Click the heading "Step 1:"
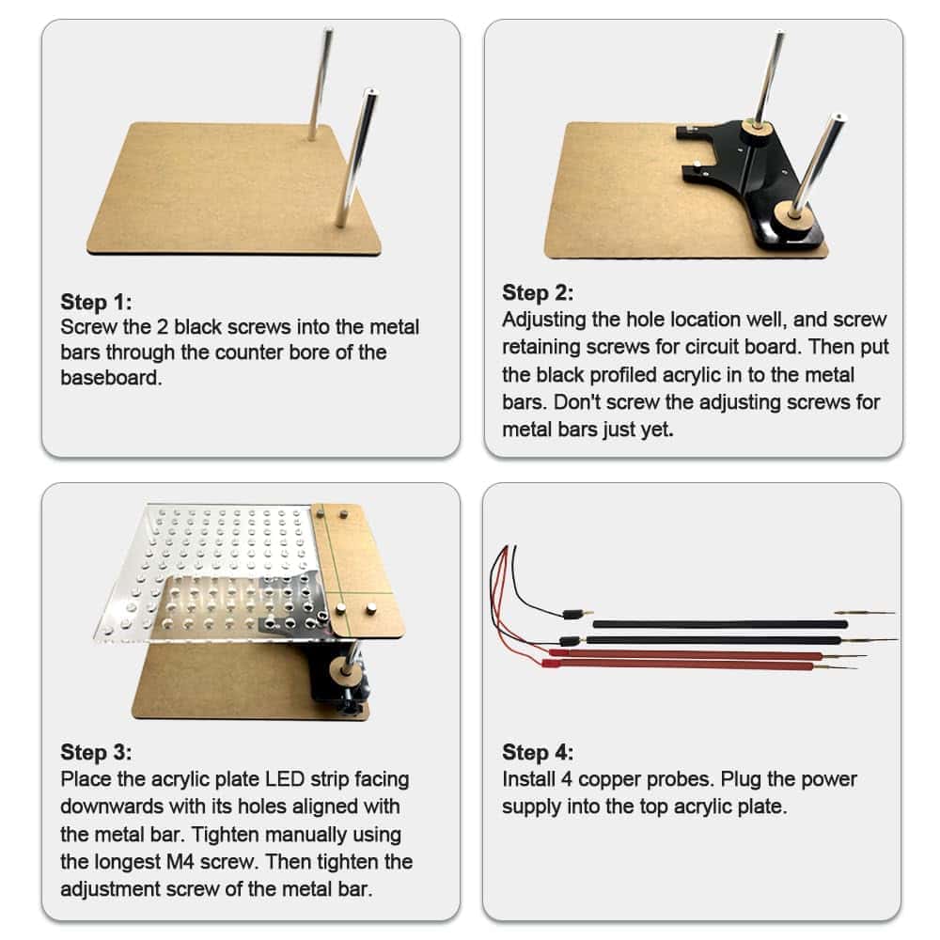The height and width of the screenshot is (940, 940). [x=96, y=302]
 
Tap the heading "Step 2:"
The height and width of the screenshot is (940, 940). [x=538, y=292]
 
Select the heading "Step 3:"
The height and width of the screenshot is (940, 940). [x=96, y=752]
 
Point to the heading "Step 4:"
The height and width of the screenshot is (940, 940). [x=538, y=752]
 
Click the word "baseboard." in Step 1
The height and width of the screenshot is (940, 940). [x=112, y=378]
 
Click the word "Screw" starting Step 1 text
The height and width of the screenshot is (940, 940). [x=88, y=327]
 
